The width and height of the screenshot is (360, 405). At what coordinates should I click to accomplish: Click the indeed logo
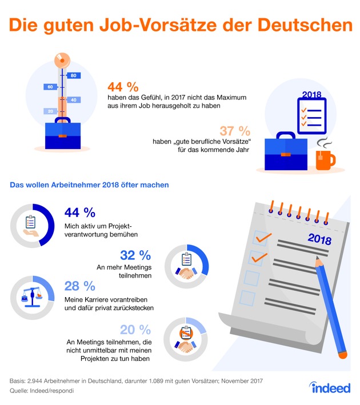point(331,388)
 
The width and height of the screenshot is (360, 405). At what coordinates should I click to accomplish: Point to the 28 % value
point(80,286)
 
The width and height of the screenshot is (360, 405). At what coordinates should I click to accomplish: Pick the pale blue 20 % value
point(135,329)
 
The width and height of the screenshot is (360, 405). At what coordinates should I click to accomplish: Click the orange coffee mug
point(326,159)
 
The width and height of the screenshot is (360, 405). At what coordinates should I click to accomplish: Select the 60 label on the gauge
point(50,87)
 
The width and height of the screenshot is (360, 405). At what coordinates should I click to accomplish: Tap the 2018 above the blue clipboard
point(311,95)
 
